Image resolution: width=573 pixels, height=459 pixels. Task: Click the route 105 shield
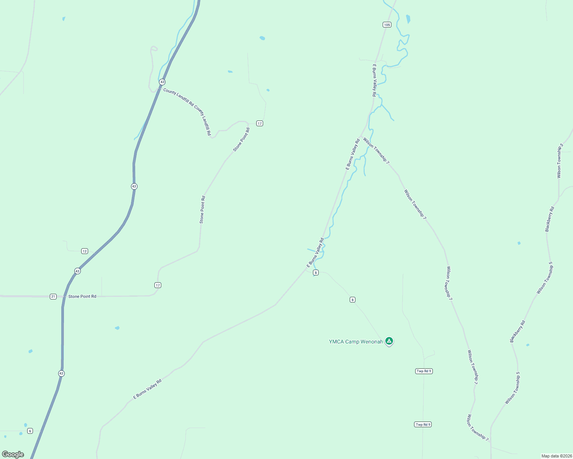click(387, 25)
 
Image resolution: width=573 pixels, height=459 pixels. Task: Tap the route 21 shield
click(53, 296)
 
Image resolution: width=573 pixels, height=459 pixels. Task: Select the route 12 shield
click(85, 251)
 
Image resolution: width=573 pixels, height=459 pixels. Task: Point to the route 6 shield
click(30, 431)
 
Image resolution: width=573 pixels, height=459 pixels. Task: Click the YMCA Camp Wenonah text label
click(356, 342)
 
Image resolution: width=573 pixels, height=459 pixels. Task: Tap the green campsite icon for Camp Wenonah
click(389, 340)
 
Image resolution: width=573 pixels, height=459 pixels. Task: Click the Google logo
click(13, 454)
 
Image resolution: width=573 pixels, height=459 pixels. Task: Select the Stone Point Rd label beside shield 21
click(82, 296)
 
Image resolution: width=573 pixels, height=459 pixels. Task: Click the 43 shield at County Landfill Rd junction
click(162, 82)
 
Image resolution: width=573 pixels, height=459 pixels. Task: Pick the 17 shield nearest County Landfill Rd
click(260, 124)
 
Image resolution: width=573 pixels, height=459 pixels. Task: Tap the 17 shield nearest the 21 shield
click(158, 285)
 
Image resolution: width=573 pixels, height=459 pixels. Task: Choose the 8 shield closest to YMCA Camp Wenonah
click(352, 299)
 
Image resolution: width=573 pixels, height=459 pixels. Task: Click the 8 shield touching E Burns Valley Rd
click(316, 272)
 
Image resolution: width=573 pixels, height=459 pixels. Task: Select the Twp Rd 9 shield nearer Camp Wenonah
click(424, 371)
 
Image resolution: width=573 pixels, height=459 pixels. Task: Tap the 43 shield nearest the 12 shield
click(78, 271)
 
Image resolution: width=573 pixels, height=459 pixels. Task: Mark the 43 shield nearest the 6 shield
click(61, 373)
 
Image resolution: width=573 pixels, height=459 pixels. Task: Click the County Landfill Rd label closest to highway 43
click(178, 97)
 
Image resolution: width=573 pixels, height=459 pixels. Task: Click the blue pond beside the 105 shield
click(408, 18)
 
